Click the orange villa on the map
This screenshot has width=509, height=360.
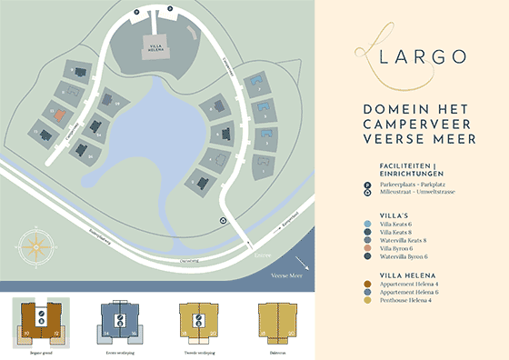[57, 115]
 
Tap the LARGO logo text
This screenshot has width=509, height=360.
[411, 57]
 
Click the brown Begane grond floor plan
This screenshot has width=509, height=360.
[42, 322]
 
